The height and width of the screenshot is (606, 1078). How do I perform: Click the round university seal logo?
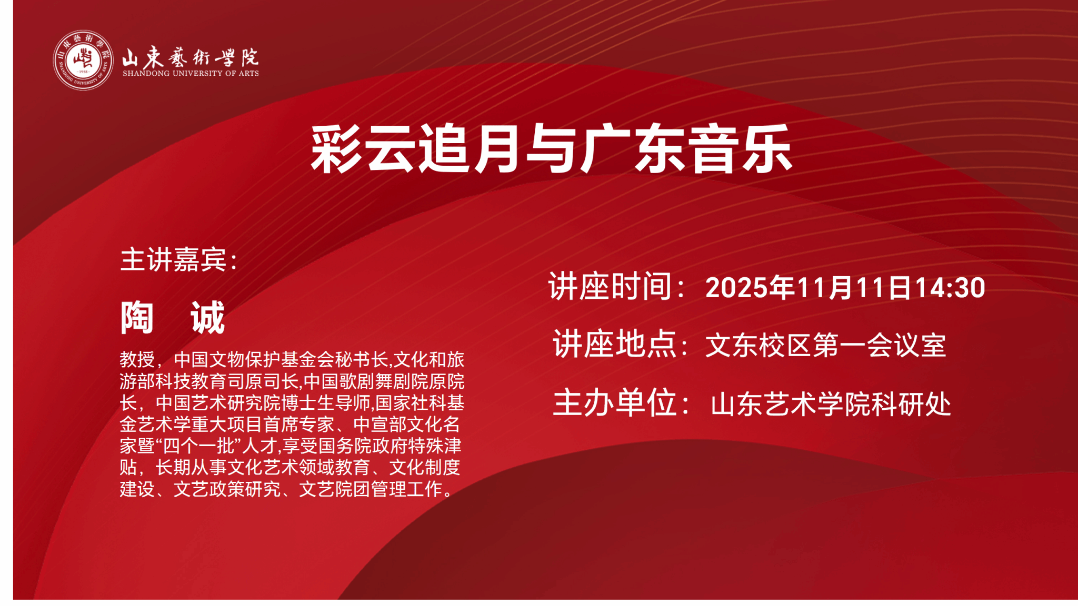click(83, 60)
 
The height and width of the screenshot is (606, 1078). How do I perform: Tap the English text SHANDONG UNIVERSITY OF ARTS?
click(191, 74)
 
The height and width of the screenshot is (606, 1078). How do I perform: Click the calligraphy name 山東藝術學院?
click(191, 57)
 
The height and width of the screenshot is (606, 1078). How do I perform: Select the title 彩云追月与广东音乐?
click(551, 149)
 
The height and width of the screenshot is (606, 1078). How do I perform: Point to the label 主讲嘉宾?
click(174, 259)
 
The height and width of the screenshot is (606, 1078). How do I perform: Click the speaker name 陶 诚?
click(173, 318)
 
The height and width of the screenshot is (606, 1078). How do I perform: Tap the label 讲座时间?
click(611, 287)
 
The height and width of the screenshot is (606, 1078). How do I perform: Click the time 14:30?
click(950, 288)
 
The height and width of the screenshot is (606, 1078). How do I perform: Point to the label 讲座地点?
click(614, 345)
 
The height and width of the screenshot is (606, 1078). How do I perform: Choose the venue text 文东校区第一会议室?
click(825, 346)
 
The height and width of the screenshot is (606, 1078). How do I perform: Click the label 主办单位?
click(614, 403)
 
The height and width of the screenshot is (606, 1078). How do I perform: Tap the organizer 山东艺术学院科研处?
click(831, 405)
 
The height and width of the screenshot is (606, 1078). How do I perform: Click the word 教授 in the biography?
click(137, 360)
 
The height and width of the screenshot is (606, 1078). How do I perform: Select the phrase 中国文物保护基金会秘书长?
click(281, 360)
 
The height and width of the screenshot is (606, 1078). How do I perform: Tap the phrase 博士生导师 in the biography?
click(326, 403)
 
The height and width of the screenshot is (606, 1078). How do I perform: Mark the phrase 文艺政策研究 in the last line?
click(227, 489)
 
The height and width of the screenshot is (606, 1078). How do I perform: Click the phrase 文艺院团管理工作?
click(371, 489)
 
